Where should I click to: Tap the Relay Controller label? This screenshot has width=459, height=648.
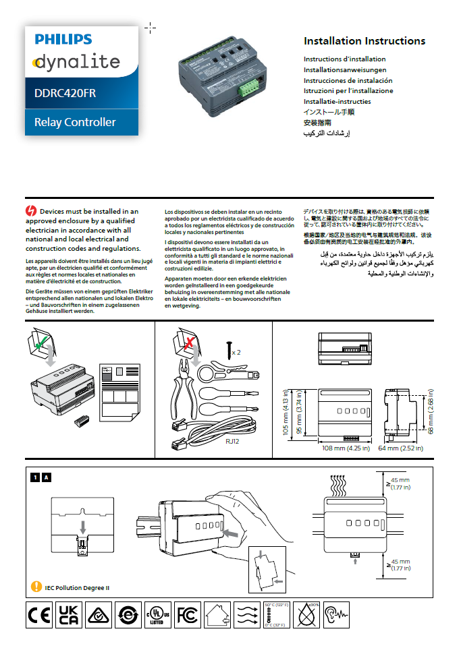pyautogui.click(x=75, y=122)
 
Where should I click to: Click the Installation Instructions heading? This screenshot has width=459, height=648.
pyautogui.click(x=364, y=41)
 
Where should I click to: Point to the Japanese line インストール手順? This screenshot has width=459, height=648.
pyautogui.click(x=329, y=113)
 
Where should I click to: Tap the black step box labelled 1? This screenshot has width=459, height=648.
pyautogui.click(x=34, y=477)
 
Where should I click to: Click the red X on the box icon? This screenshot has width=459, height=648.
pyautogui.click(x=190, y=343)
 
